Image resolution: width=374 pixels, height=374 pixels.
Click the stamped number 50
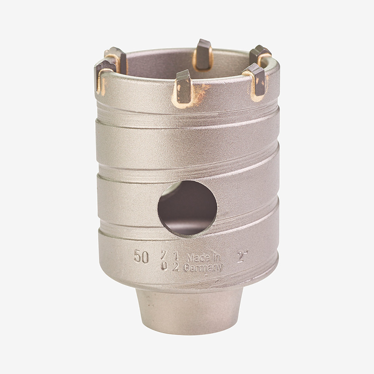141,257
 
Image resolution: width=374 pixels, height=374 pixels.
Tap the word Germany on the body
203,268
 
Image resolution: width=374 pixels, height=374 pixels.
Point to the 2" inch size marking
242,257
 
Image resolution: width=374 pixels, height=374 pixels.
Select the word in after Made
216,257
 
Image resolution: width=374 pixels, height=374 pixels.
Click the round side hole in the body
187,208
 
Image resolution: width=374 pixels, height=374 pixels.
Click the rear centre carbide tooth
203,54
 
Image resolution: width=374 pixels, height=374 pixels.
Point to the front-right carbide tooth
257,80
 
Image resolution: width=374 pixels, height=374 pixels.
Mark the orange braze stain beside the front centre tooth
202,92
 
